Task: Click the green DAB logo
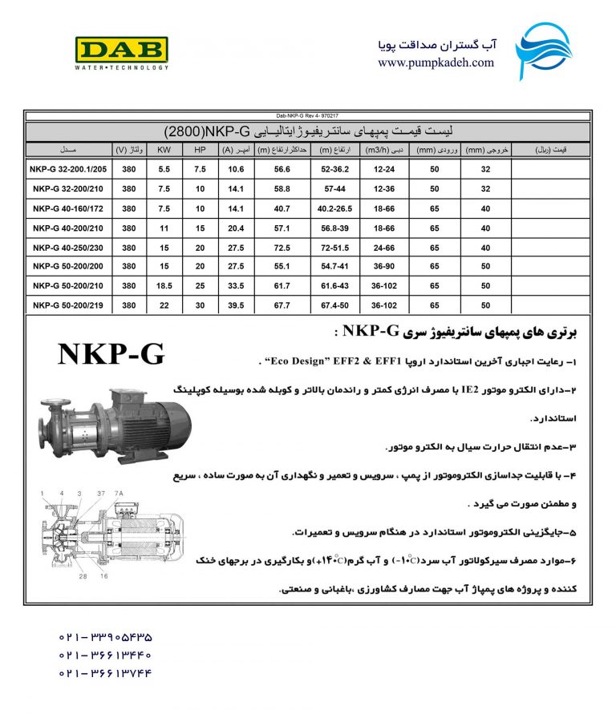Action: click(121, 50)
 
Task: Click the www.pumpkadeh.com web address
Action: click(436, 63)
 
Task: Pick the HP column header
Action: click(200, 150)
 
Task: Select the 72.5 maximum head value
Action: click(281, 247)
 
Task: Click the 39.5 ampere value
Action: click(236, 305)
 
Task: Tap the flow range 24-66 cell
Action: click(386, 247)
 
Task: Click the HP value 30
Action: click(200, 305)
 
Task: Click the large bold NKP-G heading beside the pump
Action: click(111, 355)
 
